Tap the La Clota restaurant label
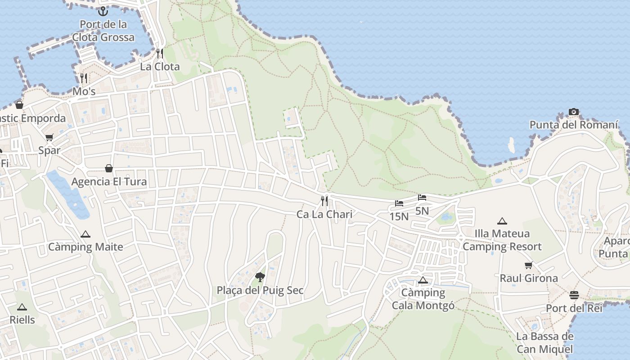click(160, 67)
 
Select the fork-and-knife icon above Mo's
click(83, 78)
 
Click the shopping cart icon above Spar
click(49, 137)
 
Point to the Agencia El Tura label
click(109, 182)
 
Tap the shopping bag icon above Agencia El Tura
click(109, 168)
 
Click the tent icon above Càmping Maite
click(85, 234)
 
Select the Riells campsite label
click(22, 320)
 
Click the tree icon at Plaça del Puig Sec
click(260, 277)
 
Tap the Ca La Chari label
click(324, 214)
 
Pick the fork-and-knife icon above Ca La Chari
click(324, 201)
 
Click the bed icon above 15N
click(399, 203)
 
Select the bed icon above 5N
click(422, 198)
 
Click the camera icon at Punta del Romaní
click(573, 112)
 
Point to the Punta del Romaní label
click(574, 125)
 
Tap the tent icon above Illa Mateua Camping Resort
click(502, 221)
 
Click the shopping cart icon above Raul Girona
click(529, 265)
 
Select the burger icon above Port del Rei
click(574, 295)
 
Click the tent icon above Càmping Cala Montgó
click(423, 280)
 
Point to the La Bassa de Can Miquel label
click(545, 342)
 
